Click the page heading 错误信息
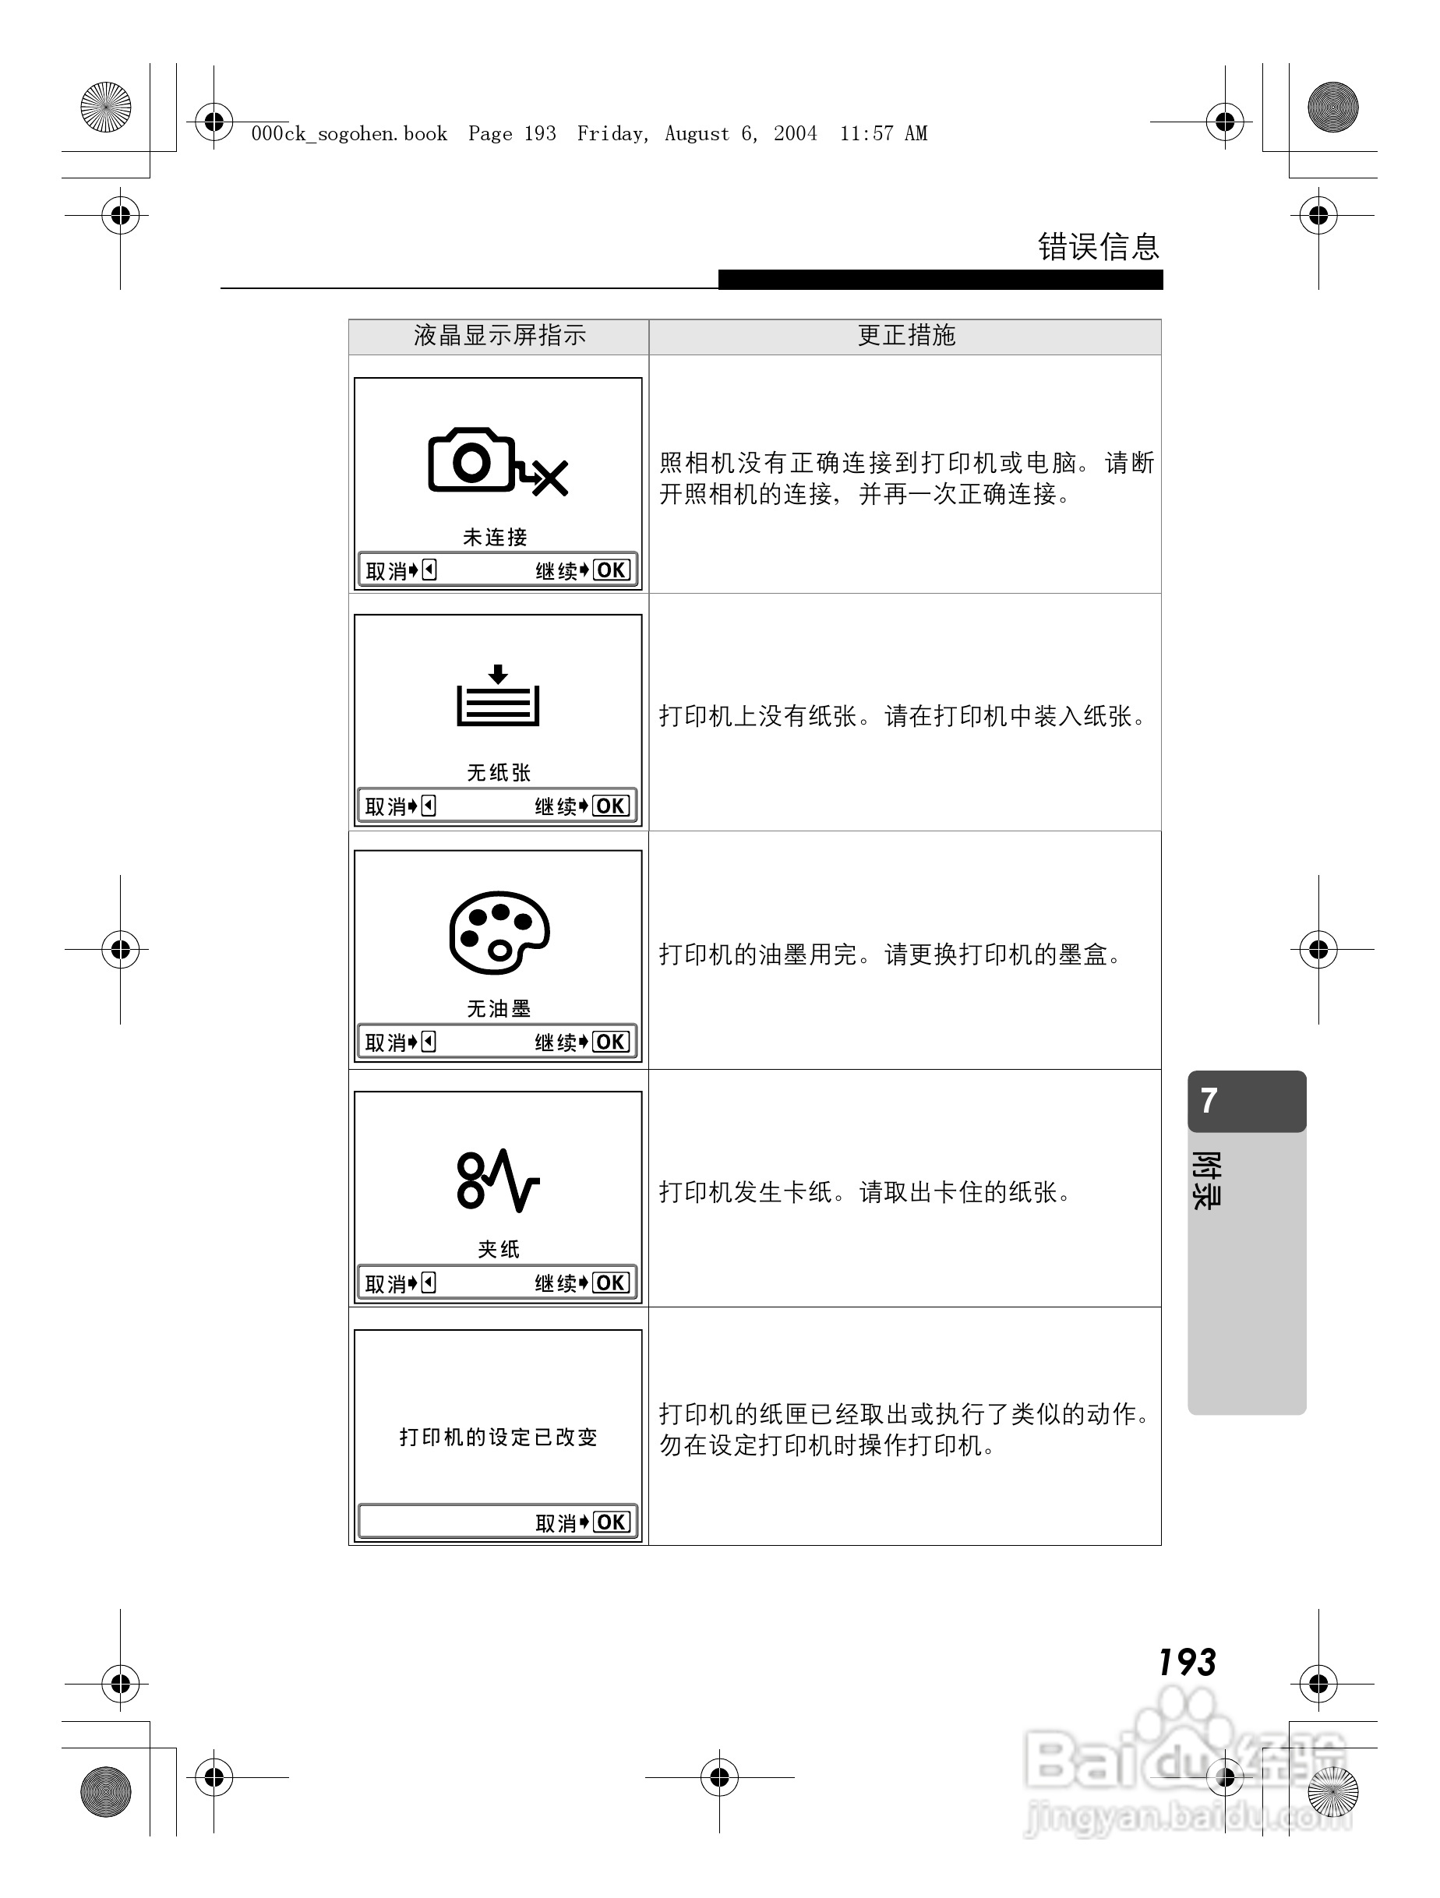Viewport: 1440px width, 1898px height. point(1098,247)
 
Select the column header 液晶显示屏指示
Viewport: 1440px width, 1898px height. point(499,336)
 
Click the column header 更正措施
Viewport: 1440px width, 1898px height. point(906,336)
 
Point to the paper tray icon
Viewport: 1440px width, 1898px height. point(498,696)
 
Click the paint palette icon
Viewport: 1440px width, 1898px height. point(499,932)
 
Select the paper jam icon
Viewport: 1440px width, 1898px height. point(498,1180)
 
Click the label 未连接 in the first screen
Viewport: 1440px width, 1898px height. point(495,537)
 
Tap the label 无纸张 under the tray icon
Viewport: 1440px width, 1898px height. point(499,773)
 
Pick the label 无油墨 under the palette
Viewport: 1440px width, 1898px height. point(499,1009)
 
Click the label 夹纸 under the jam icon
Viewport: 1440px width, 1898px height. point(499,1249)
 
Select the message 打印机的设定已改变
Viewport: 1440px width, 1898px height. point(498,1438)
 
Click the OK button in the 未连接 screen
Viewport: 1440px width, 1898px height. point(611,570)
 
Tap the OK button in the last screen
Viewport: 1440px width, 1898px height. point(611,1522)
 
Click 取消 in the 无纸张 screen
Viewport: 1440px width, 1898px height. point(385,806)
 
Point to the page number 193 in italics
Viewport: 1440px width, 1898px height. point(1187,1663)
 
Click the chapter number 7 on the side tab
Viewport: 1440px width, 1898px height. point(1209,1101)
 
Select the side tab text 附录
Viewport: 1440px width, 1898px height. point(1205,1180)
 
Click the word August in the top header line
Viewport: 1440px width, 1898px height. point(697,134)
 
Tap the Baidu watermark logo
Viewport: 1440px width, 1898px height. point(1184,1759)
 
